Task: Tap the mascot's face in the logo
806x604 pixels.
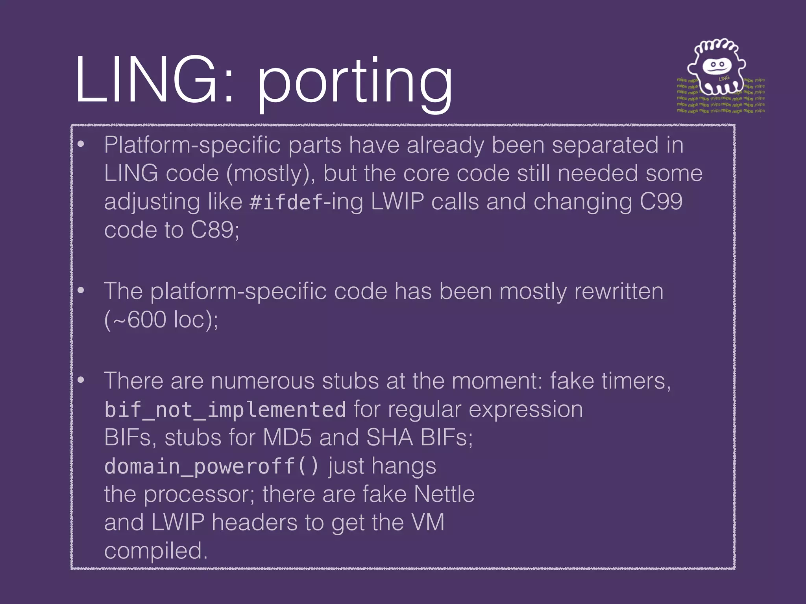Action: coord(716,66)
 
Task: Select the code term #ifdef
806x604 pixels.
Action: coord(286,202)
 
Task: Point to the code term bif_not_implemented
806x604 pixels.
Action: coord(225,410)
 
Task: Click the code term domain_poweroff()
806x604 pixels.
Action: coord(211,466)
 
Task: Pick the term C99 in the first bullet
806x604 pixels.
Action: coord(661,201)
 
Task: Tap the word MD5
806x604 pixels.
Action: coord(287,437)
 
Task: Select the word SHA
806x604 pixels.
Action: coord(389,437)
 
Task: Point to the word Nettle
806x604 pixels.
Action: coord(444,494)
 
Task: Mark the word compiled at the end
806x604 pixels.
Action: coord(155,551)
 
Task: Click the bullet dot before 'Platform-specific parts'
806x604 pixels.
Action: coord(81,145)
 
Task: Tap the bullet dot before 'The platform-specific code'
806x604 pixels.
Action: coord(81,291)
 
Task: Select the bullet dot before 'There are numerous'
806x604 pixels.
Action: coord(81,380)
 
